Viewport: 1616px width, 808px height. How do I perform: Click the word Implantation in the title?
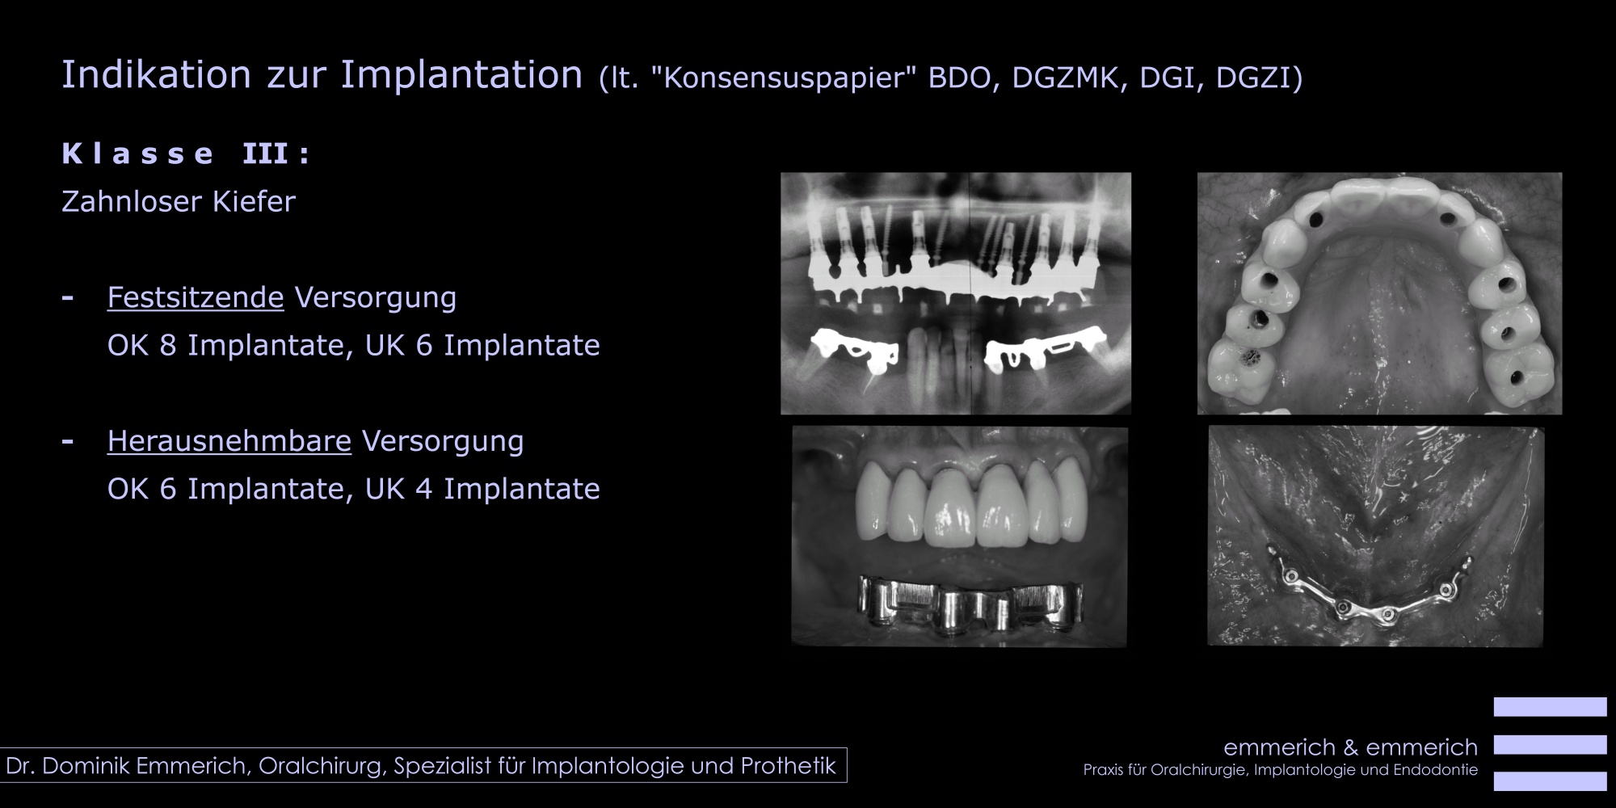click(461, 75)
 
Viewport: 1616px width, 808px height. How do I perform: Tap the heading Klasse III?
click(186, 154)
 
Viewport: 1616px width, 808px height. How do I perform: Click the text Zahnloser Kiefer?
click(179, 201)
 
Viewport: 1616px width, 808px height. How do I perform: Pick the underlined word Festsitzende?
click(196, 297)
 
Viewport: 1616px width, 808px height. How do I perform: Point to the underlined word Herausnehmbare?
click(229, 441)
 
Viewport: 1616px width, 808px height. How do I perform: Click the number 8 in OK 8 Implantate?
click(168, 345)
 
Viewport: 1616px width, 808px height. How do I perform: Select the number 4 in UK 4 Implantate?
click(424, 489)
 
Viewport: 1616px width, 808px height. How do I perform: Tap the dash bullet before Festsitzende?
click(68, 298)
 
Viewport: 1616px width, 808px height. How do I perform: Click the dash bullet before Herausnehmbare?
click(68, 442)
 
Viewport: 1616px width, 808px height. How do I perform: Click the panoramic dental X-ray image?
click(956, 293)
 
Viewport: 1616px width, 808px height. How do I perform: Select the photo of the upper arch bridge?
click(1379, 293)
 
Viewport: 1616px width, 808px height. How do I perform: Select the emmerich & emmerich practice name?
click(1351, 747)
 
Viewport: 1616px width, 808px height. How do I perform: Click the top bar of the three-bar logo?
click(1550, 707)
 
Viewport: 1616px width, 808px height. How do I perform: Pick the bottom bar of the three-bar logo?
click(1550, 781)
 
